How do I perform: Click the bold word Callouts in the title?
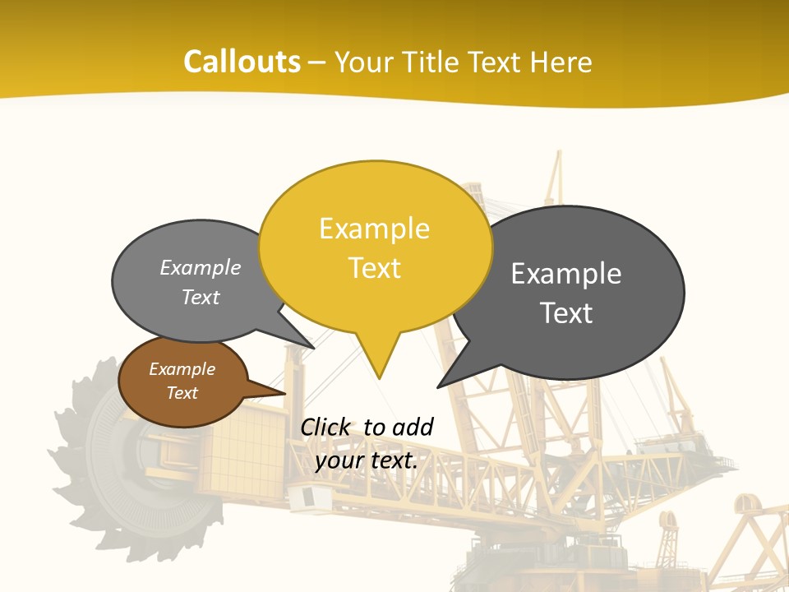point(242,62)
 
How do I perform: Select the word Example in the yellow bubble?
point(375,229)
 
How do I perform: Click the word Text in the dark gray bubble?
point(566,313)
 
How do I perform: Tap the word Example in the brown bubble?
point(182,369)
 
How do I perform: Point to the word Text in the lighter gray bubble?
point(201,297)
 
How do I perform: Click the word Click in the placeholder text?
point(325,427)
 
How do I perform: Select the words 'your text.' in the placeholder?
point(367,460)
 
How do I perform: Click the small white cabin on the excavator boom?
point(303,496)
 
